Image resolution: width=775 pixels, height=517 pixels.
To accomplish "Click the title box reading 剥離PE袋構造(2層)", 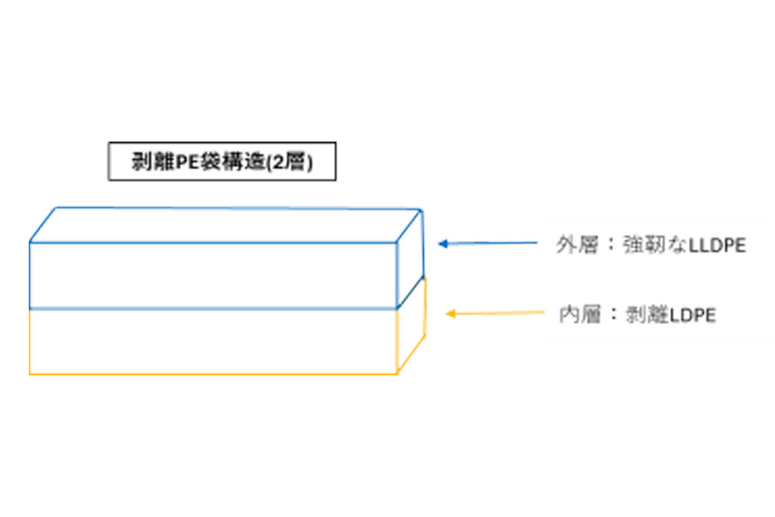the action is (x=222, y=161).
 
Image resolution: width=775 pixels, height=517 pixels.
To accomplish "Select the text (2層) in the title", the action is (x=290, y=162).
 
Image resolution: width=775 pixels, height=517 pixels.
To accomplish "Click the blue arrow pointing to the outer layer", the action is (x=488, y=243).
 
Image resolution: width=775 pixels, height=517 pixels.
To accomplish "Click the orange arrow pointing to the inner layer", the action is (x=495, y=313).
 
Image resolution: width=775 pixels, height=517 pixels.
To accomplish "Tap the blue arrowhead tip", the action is (x=439, y=244).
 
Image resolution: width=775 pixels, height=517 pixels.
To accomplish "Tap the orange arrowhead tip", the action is (x=447, y=314).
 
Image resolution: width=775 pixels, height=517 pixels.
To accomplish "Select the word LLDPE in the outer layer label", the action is (x=717, y=246).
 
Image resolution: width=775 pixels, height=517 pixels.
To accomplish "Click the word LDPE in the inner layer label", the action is (x=693, y=316).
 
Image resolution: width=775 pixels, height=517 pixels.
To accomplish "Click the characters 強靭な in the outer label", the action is (x=655, y=245).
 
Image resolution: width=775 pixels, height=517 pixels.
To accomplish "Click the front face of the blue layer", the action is (x=213, y=276).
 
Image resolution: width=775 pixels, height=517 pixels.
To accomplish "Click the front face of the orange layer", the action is (x=213, y=341).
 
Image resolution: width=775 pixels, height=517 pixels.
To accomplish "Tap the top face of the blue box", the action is (x=226, y=226).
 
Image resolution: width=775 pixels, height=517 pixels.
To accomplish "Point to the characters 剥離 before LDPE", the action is (x=647, y=315).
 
